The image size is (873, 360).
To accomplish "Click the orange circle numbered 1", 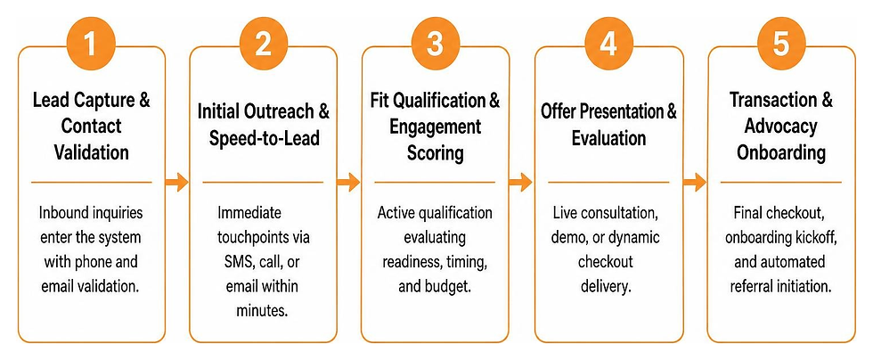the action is tap(90, 44).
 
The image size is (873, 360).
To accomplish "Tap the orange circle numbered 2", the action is tap(263, 44).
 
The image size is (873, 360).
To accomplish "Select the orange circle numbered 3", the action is tap(435, 44).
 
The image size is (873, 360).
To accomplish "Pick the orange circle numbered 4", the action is tap(608, 44).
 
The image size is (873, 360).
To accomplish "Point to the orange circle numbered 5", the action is tap(781, 44).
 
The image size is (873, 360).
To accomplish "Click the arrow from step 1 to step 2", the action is tap(177, 182).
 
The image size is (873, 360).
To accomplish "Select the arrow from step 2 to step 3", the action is tap(348, 182).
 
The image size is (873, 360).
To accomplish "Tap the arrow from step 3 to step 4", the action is tap(521, 182).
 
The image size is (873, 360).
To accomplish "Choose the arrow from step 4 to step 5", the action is tap(694, 182).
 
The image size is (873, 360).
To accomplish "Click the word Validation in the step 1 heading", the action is tap(91, 151).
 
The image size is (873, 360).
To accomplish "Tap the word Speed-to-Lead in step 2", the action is tap(265, 138).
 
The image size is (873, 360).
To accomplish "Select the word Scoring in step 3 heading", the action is tap(436, 152).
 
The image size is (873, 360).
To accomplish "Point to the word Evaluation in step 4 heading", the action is tap(608, 137).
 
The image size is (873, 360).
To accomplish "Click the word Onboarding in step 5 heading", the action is tap(781, 152).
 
